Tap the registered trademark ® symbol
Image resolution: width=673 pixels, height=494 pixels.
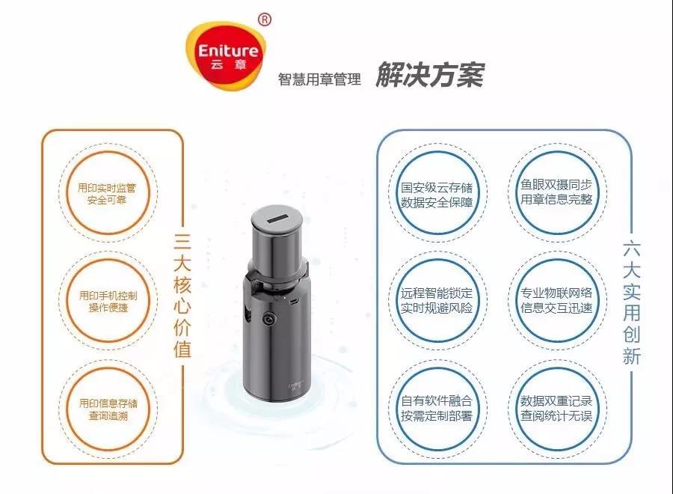(x=265, y=19)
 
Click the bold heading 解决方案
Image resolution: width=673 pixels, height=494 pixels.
(x=430, y=75)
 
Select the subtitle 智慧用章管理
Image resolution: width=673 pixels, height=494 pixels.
(x=319, y=79)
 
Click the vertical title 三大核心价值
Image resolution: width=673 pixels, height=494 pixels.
(x=182, y=296)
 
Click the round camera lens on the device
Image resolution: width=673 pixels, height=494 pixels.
(x=269, y=320)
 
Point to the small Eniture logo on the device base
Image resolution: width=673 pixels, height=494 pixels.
(x=295, y=385)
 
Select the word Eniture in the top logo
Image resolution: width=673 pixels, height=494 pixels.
(x=228, y=51)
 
